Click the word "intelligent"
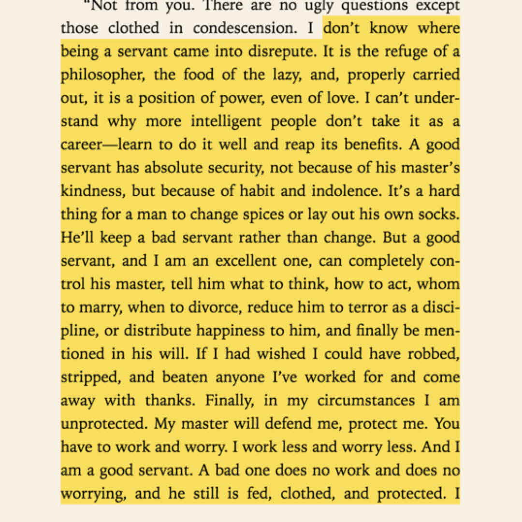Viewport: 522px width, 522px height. point(227,122)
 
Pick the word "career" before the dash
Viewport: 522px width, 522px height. point(79,145)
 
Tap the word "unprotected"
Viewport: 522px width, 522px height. point(103,424)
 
